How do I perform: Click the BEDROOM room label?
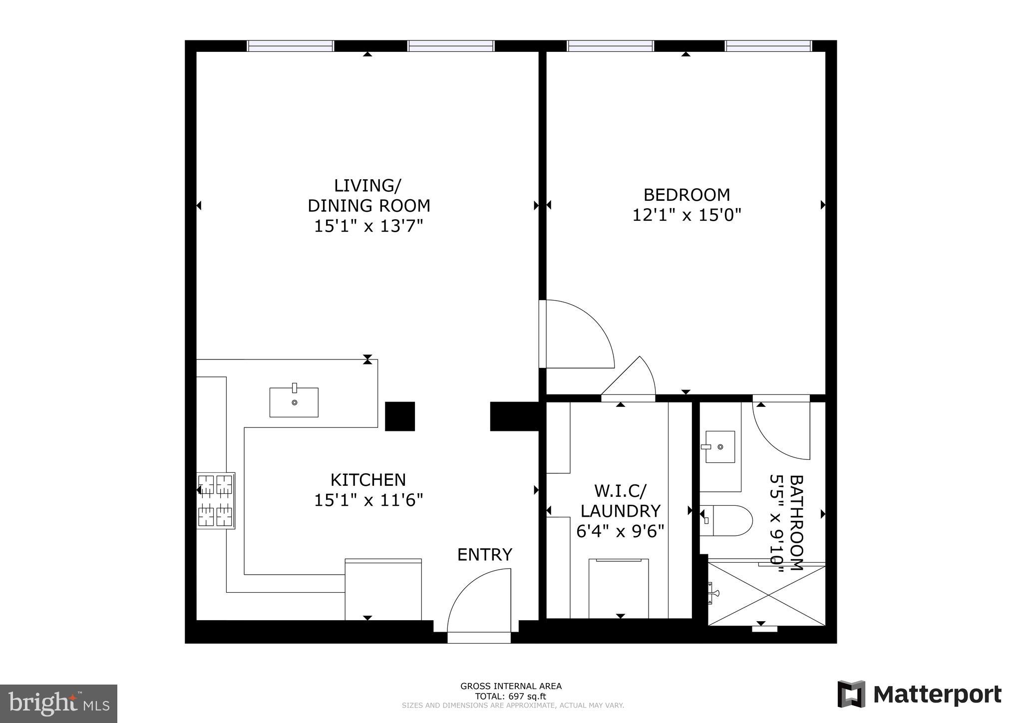[686, 194]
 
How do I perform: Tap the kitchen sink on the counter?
[294, 402]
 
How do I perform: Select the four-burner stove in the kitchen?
[216, 501]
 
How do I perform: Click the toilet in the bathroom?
[726, 520]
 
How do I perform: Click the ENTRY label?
[484, 555]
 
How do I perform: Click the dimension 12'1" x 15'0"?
[686, 215]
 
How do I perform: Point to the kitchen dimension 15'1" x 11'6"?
[368, 500]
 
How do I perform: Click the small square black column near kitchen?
[400, 416]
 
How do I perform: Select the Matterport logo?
[919, 694]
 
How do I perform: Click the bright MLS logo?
[58, 704]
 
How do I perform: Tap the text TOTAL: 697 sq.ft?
[510, 697]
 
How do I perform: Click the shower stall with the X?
[766, 594]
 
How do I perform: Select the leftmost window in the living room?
[291, 46]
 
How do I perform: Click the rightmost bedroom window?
[768, 46]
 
